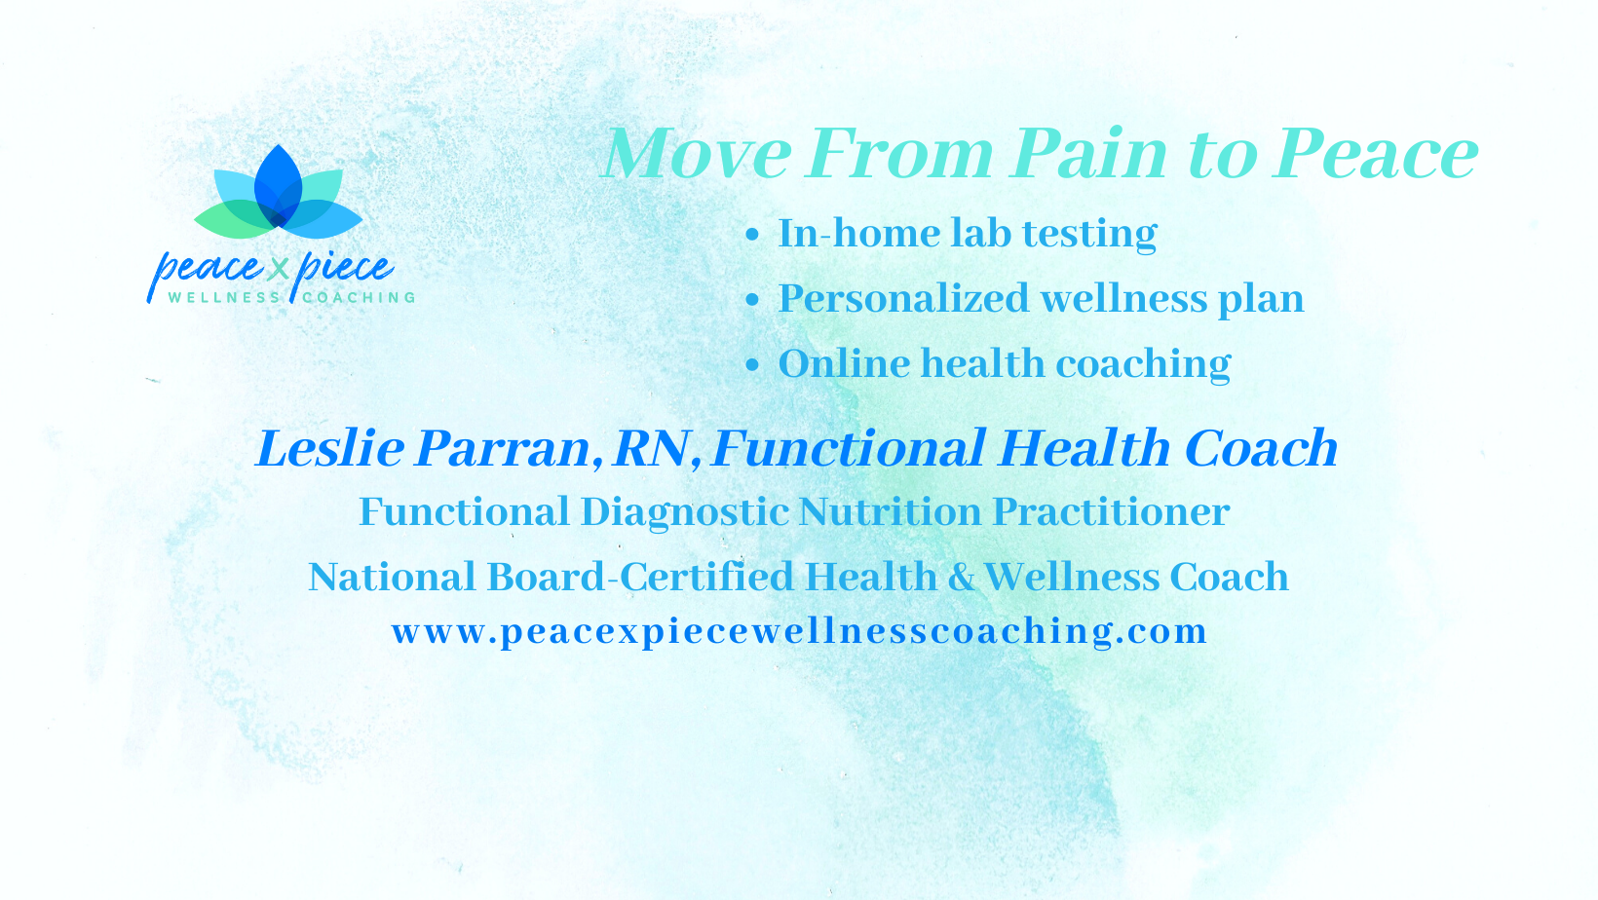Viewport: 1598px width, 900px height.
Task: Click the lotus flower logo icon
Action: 279,193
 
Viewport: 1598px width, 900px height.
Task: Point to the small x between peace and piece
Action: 278,270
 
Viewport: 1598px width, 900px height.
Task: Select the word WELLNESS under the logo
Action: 225,297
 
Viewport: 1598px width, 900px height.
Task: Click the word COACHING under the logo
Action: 359,297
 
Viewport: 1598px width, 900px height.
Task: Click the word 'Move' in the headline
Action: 697,153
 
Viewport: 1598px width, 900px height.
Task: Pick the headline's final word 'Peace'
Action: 1376,153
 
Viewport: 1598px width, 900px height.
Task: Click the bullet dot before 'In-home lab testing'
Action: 752,235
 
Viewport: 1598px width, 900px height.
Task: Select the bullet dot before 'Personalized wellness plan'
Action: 752,300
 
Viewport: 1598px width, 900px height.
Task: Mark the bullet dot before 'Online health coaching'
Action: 752,365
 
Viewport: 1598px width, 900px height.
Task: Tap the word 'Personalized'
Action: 903,298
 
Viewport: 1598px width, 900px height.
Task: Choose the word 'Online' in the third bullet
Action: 843,363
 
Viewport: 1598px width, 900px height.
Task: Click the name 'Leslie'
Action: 330,449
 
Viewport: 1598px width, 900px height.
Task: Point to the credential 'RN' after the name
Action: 651,449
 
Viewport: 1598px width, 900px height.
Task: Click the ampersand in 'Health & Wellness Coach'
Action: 961,577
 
